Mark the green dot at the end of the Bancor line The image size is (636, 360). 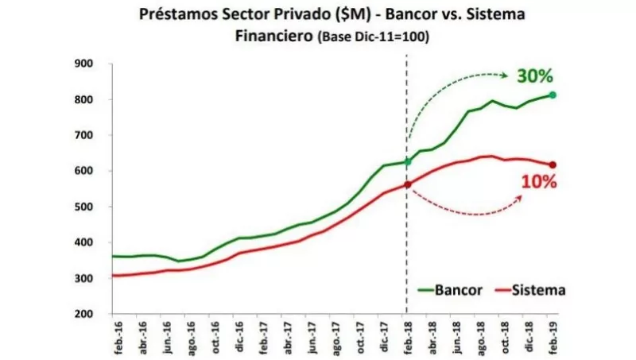(x=553, y=95)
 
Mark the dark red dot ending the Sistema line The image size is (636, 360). (x=553, y=165)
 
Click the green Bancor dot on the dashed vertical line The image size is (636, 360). (x=406, y=162)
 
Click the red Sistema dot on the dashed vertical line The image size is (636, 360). (x=406, y=184)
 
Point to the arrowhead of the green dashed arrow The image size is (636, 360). (x=506, y=76)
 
